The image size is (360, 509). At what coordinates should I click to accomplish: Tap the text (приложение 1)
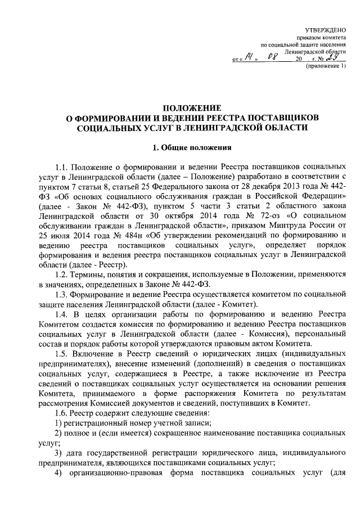click(x=325, y=66)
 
